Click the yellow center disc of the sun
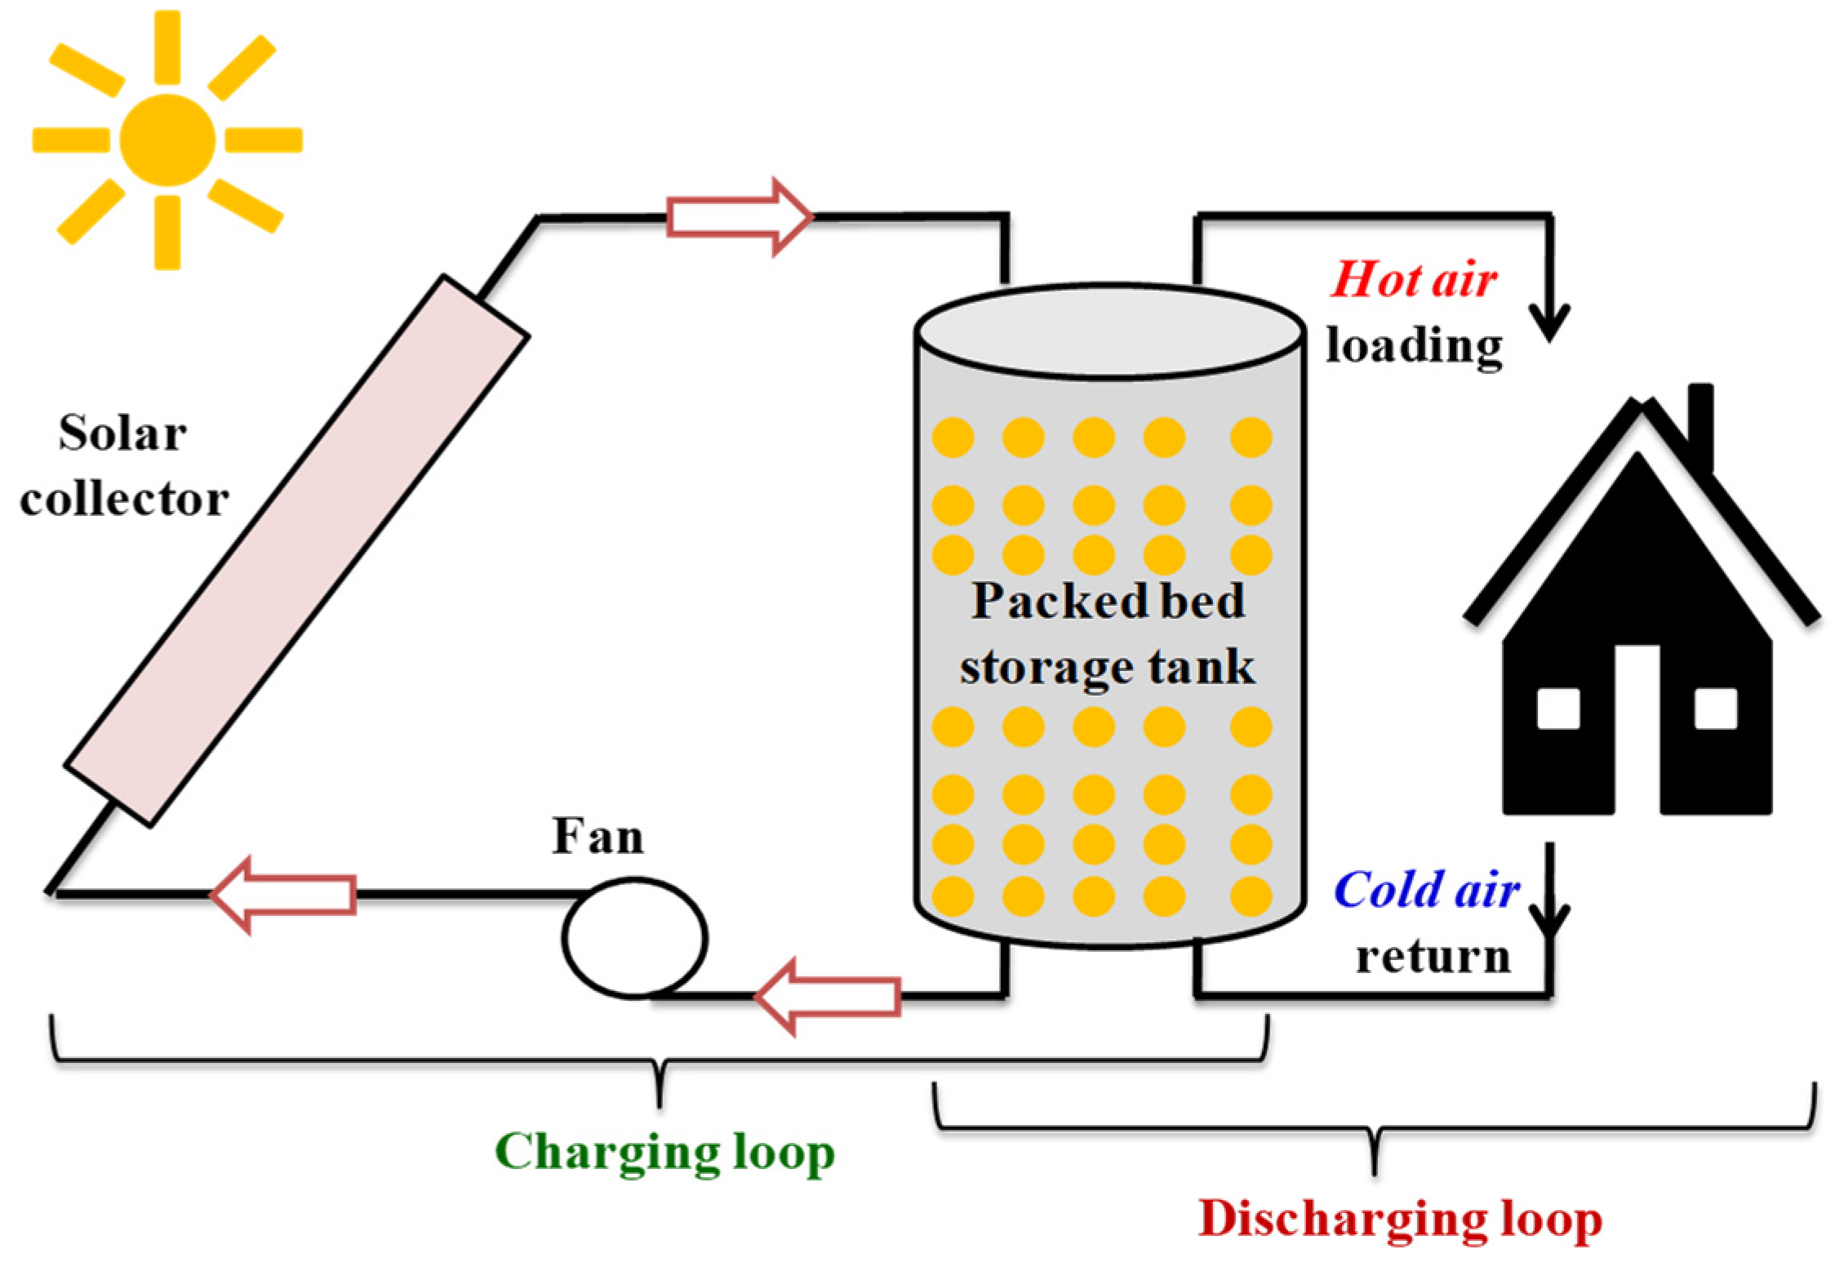(x=167, y=140)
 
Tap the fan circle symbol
(x=634, y=936)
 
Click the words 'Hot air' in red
(x=1414, y=280)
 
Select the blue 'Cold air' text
(x=1428, y=889)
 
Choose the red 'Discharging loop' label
(x=1400, y=1220)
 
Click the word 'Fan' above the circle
(x=598, y=836)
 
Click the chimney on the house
(x=1700, y=425)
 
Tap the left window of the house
(x=1558, y=709)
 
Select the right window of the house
(x=1715, y=709)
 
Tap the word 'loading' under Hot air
(x=1414, y=346)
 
